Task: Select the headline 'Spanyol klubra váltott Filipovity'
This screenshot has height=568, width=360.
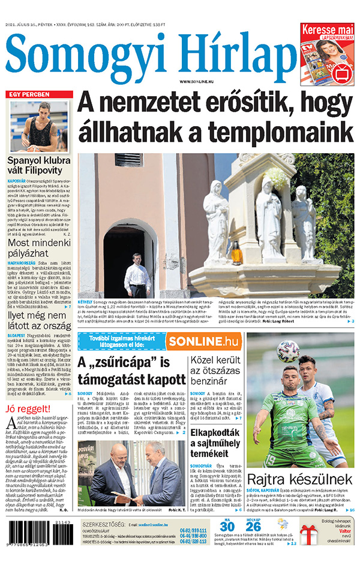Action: pyautogui.click(x=39, y=166)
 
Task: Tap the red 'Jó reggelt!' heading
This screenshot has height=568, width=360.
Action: pyautogui.click(x=25, y=409)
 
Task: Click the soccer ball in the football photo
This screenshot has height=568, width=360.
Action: pyautogui.click(x=288, y=351)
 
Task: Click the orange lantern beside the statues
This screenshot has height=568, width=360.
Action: pyautogui.click(x=236, y=253)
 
